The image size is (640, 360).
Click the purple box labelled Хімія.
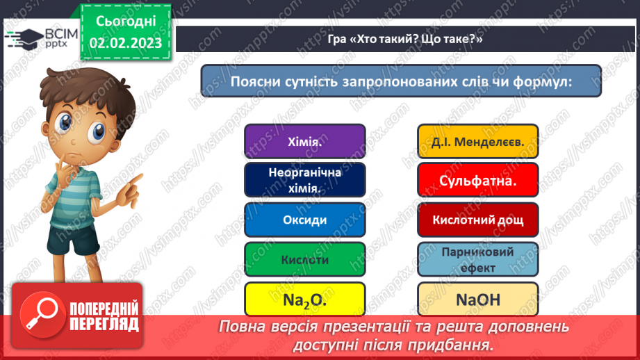(304, 142)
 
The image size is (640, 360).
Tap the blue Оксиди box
(304, 220)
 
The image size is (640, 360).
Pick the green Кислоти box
(304, 260)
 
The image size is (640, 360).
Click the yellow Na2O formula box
(304, 300)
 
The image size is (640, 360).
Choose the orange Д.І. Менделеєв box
(478, 142)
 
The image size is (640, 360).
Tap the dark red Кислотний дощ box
(478, 220)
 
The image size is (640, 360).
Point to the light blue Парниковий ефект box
(478, 260)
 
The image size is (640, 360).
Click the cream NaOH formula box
(478, 300)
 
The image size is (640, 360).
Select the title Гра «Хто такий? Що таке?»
(405, 40)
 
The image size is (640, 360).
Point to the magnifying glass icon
(40, 312)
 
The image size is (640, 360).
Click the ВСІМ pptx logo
(35, 40)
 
